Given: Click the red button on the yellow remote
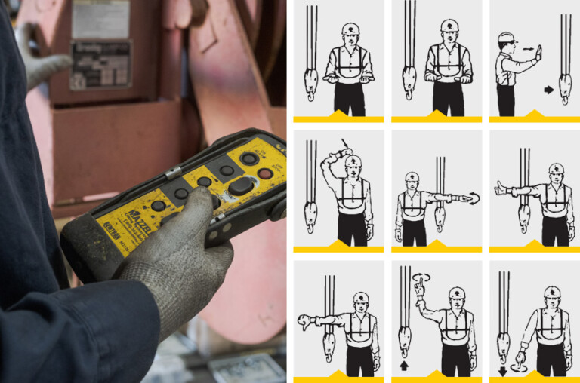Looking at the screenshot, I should pos(264,173).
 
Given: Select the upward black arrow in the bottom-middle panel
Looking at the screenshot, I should pos(403,366).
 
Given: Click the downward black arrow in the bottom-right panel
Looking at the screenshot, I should pos(502,369).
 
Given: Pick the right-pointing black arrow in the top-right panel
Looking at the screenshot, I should pos(548,90).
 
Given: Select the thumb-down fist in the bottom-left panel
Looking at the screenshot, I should pos(307,322).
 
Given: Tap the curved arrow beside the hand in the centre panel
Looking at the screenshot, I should pos(474,198).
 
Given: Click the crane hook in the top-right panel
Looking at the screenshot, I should pos(564,86).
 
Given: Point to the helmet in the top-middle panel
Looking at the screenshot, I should pos(449,27).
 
